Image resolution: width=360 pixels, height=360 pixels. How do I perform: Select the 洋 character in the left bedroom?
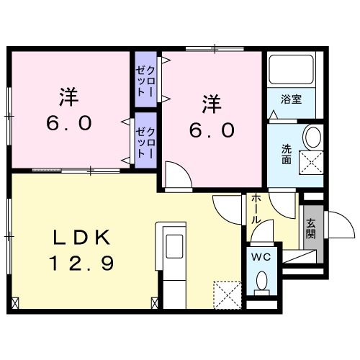click(x=68, y=97)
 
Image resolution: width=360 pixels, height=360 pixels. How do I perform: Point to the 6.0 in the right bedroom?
click(x=211, y=130)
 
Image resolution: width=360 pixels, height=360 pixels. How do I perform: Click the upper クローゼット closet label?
click(x=146, y=81)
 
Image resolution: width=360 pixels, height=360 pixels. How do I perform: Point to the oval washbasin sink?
click(x=312, y=136)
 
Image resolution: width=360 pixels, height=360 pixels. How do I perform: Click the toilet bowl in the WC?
click(x=261, y=282)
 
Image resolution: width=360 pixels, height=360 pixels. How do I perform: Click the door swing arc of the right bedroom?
click(x=176, y=174)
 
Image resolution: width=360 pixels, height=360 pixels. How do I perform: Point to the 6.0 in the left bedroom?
click(x=68, y=122)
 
